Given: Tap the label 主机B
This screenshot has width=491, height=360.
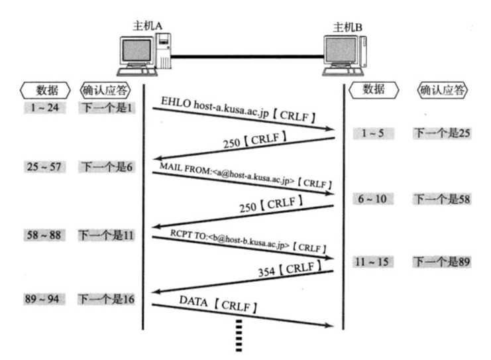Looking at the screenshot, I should (x=347, y=27).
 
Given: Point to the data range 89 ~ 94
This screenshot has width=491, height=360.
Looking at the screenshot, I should (x=42, y=299).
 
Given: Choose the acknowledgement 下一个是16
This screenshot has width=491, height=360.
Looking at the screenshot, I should (x=106, y=299).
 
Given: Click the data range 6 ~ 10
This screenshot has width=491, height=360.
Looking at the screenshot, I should (x=373, y=198).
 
